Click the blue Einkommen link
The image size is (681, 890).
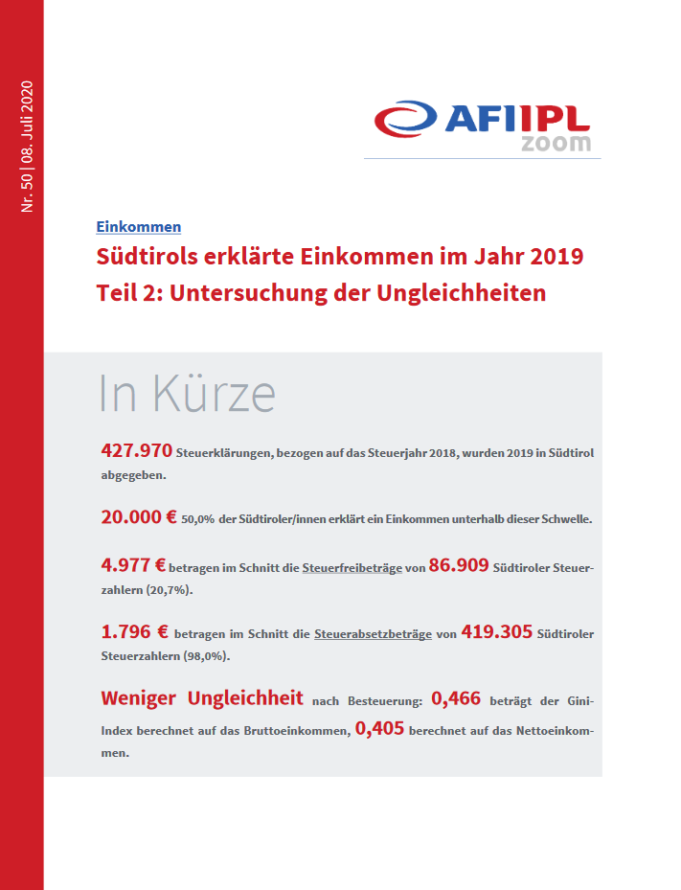click(x=139, y=226)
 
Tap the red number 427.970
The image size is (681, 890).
click(x=136, y=450)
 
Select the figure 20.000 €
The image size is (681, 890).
click(x=139, y=516)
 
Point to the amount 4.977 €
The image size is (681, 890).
click(x=133, y=565)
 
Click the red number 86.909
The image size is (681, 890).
click(x=459, y=565)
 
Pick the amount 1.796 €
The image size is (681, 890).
click(x=134, y=631)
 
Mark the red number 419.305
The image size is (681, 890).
click(x=496, y=631)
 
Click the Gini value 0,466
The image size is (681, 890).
click(x=456, y=698)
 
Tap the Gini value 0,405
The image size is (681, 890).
click(x=379, y=728)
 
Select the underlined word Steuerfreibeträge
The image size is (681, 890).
click(x=352, y=567)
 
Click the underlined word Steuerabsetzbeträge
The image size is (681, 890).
click(x=373, y=634)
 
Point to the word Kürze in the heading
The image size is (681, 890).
click(x=214, y=393)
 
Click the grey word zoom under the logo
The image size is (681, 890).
click(x=556, y=143)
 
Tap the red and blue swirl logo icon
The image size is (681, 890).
click(x=405, y=119)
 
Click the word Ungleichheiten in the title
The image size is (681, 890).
click(x=462, y=293)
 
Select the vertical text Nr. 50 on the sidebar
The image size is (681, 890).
click(x=27, y=194)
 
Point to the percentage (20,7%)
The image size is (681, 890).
click(x=170, y=590)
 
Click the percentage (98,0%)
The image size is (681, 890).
click(x=207, y=656)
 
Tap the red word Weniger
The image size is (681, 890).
click(x=139, y=698)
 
